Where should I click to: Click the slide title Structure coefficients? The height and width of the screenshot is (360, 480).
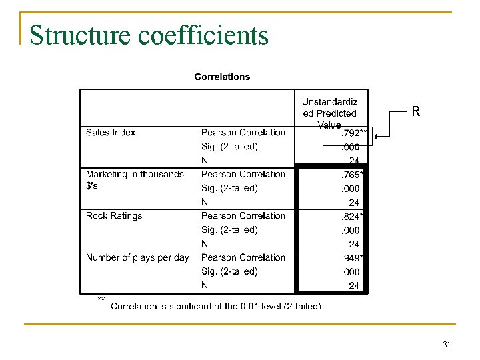pyautogui.click(x=149, y=35)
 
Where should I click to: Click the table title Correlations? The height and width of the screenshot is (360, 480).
pyautogui.click(x=222, y=77)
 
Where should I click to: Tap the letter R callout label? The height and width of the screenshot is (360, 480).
pyautogui.click(x=416, y=112)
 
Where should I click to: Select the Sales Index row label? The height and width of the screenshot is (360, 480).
pyautogui.click(x=111, y=132)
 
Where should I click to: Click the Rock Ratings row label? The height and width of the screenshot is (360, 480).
pyautogui.click(x=114, y=215)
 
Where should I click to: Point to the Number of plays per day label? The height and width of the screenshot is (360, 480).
pyautogui.click(x=137, y=257)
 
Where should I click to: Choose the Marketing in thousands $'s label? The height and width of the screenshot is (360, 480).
pyautogui.click(x=135, y=179)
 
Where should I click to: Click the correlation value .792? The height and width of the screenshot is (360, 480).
pyautogui.click(x=351, y=133)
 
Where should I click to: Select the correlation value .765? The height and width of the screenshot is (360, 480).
pyautogui.click(x=351, y=175)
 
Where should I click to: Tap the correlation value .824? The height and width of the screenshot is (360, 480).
pyautogui.click(x=351, y=216)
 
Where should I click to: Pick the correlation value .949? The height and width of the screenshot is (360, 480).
pyautogui.click(x=351, y=257)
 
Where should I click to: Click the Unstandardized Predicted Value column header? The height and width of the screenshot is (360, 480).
pyautogui.click(x=329, y=113)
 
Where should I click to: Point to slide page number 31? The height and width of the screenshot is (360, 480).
pyautogui.click(x=447, y=345)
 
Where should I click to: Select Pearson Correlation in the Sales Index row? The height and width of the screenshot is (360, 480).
pyautogui.click(x=243, y=132)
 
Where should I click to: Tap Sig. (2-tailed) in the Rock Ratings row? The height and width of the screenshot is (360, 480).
pyautogui.click(x=229, y=229)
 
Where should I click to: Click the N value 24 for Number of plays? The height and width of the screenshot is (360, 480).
pyautogui.click(x=354, y=285)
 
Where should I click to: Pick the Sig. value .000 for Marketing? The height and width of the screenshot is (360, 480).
pyautogui.click(x=351, y=188)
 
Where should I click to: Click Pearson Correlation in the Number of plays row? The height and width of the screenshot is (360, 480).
pyautogui.click(x=243, y=257)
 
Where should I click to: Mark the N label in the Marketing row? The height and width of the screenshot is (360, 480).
pyautogui.click(x=205, y=202)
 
